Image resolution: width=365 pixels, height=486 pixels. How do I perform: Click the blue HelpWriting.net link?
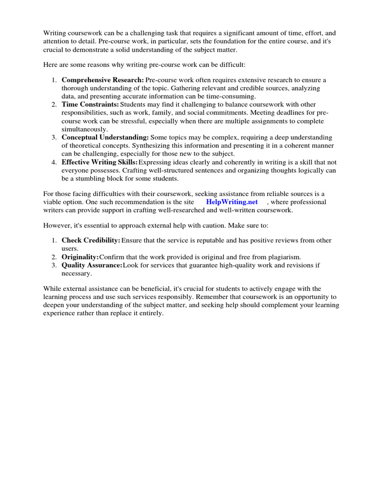[x=232, y=202]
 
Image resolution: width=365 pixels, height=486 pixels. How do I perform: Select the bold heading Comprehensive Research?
[x=103, y=80]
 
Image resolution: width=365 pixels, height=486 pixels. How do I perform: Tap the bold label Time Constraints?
[x=90, y=104]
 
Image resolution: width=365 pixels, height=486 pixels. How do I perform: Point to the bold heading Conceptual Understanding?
[x=105, y=137]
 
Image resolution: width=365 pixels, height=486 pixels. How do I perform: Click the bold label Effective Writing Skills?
[x=99, y=162]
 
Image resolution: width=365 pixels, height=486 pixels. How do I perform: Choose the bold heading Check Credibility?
[x=91, y=241]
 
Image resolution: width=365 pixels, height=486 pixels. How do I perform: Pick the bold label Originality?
[x=80, y=257]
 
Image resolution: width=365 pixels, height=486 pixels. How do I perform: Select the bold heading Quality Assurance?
[x=92, y=265]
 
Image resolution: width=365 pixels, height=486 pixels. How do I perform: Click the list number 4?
[x=54, y=162]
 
